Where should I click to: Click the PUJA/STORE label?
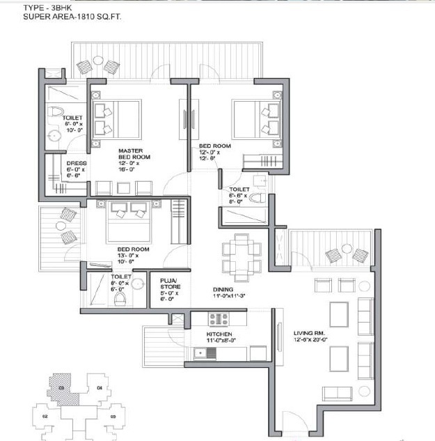[x=169, y=285]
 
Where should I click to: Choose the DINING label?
[x=223, y=289]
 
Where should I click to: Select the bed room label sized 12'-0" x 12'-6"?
[x=214, y=146]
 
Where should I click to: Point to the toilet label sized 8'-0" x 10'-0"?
[x=72, y=118]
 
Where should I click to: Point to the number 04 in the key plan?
[x=100, y=387]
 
